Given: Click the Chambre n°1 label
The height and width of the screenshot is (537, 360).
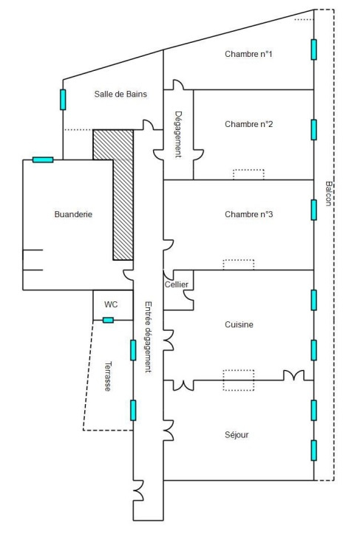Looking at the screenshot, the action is [x=248, y=54].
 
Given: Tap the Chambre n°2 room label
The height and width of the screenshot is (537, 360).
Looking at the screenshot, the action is [x=248, y=124].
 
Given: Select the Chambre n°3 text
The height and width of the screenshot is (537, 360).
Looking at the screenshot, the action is [x=248, y=214].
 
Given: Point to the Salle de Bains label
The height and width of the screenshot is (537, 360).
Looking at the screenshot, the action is [x=120, y=94].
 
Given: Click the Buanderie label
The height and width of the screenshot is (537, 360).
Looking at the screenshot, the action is [x=73, y=214].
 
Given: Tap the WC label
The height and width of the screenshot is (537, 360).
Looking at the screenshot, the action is [x=111, y=304].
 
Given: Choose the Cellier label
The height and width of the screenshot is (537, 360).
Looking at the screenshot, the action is [x=176, y=284].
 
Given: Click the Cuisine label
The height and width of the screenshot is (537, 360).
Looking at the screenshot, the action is [x=239, y=324].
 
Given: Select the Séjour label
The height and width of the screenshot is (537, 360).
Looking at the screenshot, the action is [x=237, y=434].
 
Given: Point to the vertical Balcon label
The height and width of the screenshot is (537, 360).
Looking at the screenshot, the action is [x=328, y=194].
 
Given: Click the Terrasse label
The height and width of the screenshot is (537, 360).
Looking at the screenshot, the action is [x=109, y=376].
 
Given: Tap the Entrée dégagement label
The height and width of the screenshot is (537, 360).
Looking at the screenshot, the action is [x=148, y=337].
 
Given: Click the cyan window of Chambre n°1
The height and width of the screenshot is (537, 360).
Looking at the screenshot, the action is [x=313, y=49].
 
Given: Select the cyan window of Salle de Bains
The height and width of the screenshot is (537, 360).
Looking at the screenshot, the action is [x=63, y=100].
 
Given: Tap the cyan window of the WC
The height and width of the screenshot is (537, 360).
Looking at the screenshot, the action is [x=109, y=321].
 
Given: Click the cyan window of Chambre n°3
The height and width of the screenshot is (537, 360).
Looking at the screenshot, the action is [x=313, y=210].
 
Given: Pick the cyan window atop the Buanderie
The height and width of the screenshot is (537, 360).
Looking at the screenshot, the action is [x=43, y=160].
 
